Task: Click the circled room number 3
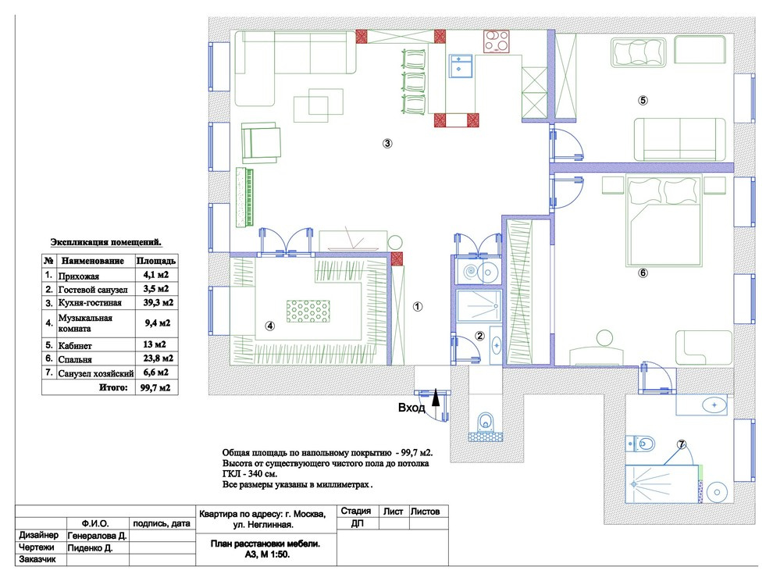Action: tap(387, 144)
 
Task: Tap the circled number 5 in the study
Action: tap(643, 100)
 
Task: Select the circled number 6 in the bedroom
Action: tap(643, 273)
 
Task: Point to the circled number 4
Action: tap(269, 326)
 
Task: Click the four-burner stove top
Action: tap(497, 41)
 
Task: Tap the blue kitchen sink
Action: tap(461, 66)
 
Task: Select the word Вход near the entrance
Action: tap(411, 408)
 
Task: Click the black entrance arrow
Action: tap(436, 397)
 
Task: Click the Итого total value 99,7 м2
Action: tap(155, 387)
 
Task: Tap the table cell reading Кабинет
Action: tap(75, 345)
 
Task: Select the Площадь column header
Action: tap(156, 260)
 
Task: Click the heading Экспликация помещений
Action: tap(106, 242)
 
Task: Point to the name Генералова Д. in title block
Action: tap(97, 535)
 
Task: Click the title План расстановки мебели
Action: tap(265, 544)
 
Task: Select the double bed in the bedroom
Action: tap(664, 220)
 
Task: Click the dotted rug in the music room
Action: tap(308, 312)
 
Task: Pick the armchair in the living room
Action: tap(262, 143)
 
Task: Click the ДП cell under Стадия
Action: tap(358, 523)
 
